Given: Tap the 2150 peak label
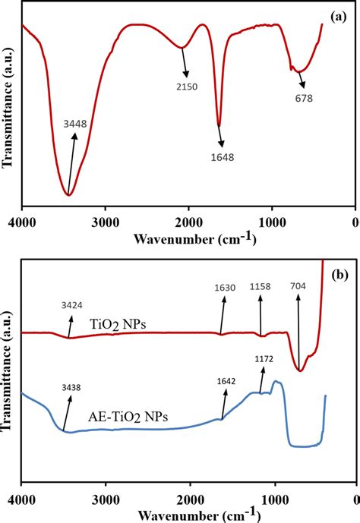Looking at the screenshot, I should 186,87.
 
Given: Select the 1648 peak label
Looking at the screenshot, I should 222,158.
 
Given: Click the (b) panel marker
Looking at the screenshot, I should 338,273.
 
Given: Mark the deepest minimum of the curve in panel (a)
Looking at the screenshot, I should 68,195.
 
